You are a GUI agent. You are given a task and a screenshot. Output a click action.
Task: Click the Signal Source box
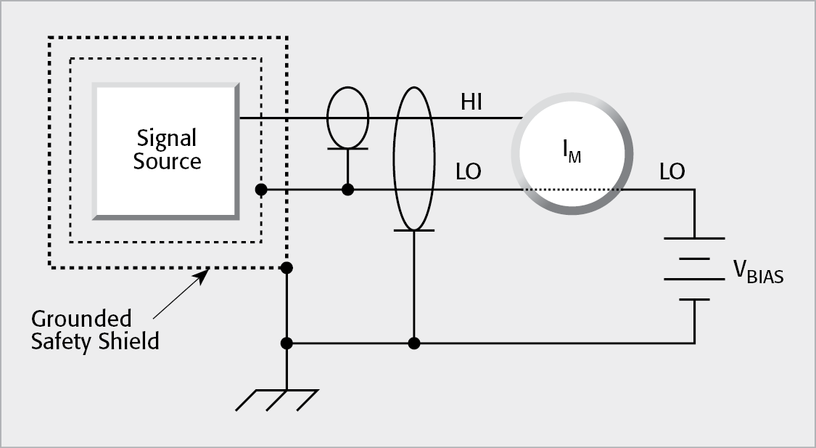(x=165, y=150)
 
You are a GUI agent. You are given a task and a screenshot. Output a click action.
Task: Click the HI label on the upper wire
(x=472, y=103)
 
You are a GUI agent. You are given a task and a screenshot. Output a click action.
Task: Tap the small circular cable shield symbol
(x=348, y=118)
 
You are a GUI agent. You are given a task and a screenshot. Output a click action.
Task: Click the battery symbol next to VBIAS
(x=695, y=269)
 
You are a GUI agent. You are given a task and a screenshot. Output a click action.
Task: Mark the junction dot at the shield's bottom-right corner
(x=287, y=268)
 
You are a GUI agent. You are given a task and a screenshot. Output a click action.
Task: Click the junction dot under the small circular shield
(x=348, y=190)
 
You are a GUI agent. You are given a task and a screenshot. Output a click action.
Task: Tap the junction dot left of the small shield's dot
(x=260, y=190)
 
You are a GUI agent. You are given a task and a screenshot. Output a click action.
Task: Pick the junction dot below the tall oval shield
(x=413, y=343)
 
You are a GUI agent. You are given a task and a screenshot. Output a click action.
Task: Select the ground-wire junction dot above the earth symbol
(x=287, y=343)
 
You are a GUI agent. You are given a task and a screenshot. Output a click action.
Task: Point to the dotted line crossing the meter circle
(x=569, y=190)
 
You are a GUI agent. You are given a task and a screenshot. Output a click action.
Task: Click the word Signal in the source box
(x=167, y=138)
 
